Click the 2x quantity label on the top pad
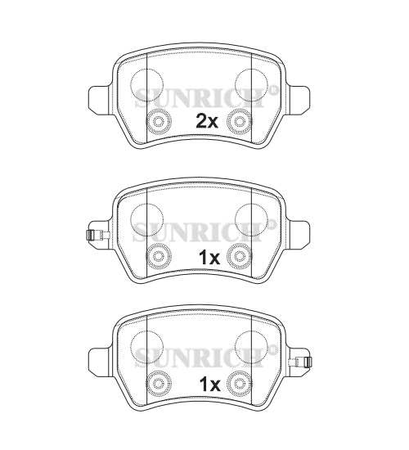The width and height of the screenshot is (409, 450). [207, 122]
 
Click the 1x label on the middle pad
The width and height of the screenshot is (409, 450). [209, 258]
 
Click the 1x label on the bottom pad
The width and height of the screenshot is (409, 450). [209, 385]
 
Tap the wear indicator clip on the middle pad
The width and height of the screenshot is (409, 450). [98, 235]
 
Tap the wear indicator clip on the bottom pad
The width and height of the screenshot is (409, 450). [300, 362]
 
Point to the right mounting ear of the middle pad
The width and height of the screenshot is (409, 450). [299, 236]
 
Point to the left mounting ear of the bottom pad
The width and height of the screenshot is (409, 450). [99, 362]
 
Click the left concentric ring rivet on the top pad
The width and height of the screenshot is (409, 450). [159, 122]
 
